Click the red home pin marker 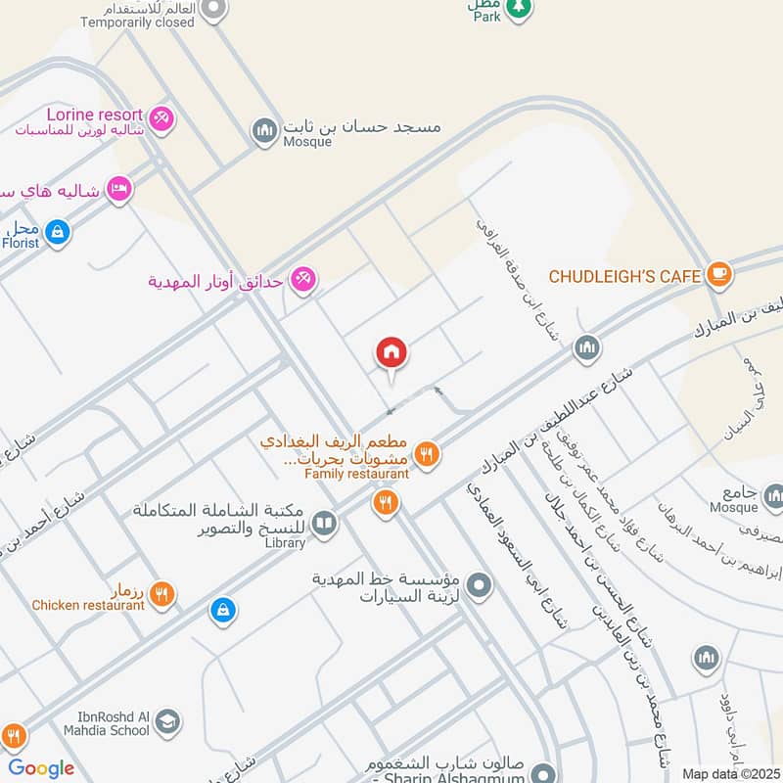(391, 352)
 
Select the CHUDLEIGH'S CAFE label (624, 276)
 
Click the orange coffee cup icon (719, 275)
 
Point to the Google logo (41, 768)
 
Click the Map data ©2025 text (730, 773)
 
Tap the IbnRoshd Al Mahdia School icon (167, 722)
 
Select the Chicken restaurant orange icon (162, 593)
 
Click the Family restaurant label (356, 474)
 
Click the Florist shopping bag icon (58, 232)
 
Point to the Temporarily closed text (138, 22)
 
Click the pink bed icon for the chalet (118, 188)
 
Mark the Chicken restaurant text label (88, 605)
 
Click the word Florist (22, 244)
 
